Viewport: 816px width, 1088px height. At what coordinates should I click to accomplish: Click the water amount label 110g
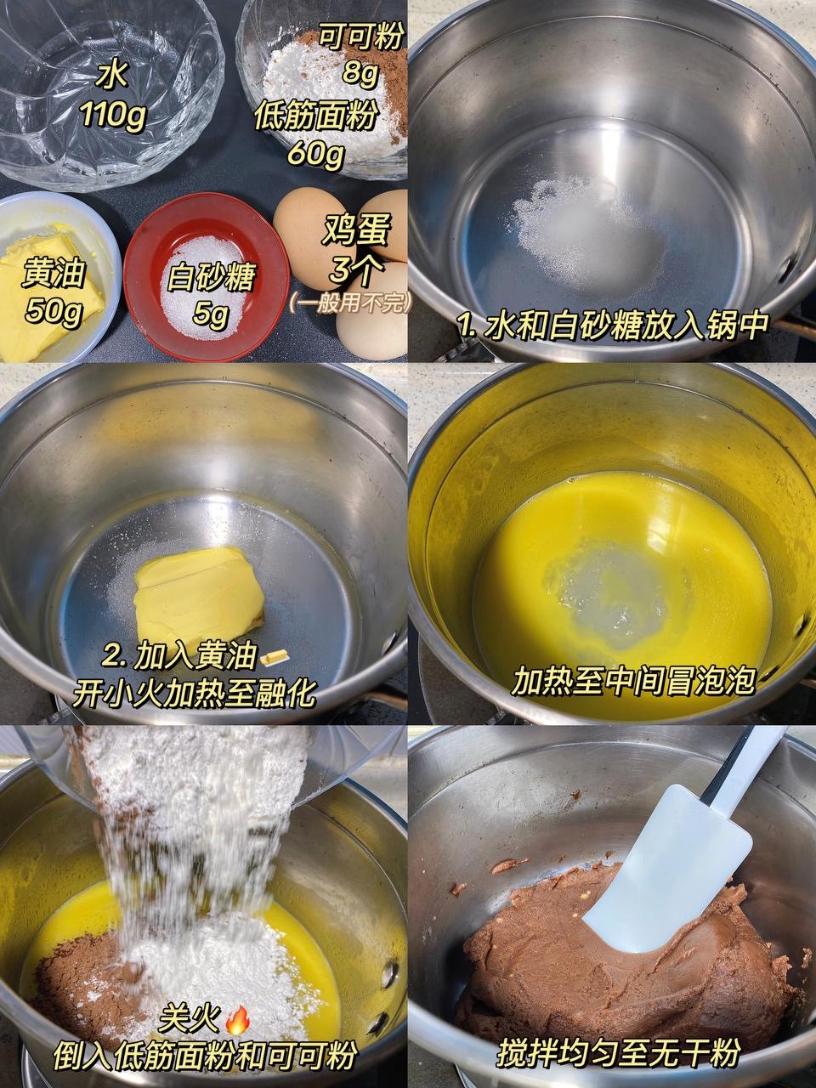113,116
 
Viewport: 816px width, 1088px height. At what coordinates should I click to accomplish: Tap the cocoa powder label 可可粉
360,37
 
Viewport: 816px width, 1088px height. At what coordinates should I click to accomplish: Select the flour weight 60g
316,153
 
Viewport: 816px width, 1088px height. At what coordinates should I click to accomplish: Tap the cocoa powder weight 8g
361,74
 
